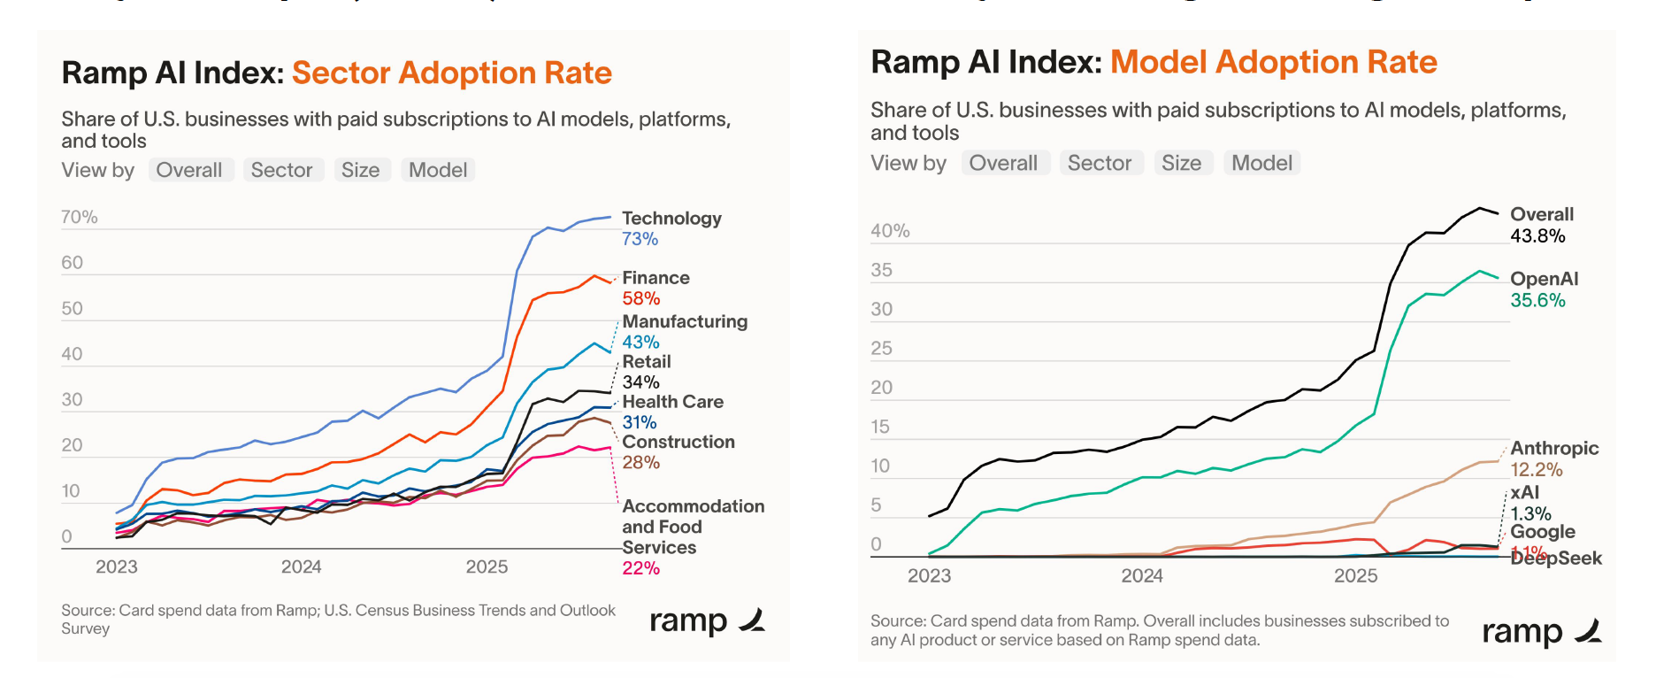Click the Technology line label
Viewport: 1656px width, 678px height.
pyautogui.click(x=671, y=219)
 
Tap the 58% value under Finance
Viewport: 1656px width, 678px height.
pyautogui.click(x=640, y=299)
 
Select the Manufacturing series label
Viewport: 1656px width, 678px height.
pyautogui.click(x=685, y=321)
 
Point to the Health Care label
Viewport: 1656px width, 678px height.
pyautogui.click(x=672, y=402)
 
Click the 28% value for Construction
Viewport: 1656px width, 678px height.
pyautogui.click(x=640, y=463)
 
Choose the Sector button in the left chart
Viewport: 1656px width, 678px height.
pyautogui.click(x=281, y=170)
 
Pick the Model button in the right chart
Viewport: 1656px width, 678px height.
pyautogui.click(x=1261, y=163)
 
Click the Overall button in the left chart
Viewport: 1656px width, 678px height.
pyautogui.click(x=189, y=170)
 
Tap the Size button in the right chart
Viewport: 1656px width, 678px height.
pyautogui.click(x=1181, y=163)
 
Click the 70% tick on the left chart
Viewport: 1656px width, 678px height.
pyautogui.click(x=80, y=218)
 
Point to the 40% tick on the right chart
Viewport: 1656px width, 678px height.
pyautogui.click(x=890, y=231)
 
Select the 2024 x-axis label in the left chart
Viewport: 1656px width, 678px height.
pyautogui.click(x=301, y=567)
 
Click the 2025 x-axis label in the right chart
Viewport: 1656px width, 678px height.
pyautogui.click(x=1355, y=576)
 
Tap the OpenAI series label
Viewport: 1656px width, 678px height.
pyautogui.click(x=1544, y=279)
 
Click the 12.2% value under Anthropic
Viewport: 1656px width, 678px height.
pyautogui.click(x=1536, y=470)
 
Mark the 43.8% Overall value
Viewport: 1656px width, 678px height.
pyautogui.click(x=1537, y=236)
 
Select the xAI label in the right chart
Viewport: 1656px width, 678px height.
pyautogui.click(x=1524, y=493)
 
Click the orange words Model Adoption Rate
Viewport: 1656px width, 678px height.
pyautogui.click(x=1273, y=62)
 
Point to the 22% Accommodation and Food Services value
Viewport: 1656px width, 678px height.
pyautogui.click(x=640, y=568)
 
